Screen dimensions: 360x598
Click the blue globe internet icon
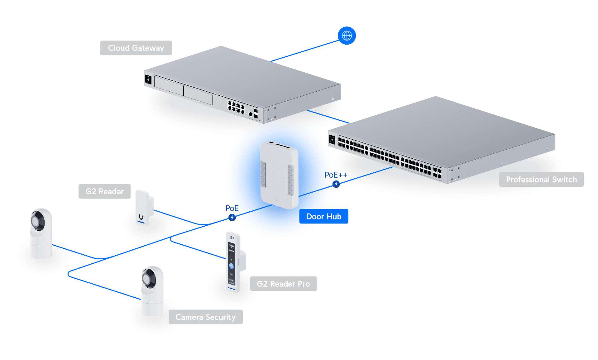click(x=347, y=36)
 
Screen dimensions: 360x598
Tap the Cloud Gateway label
click(x=136, y=48)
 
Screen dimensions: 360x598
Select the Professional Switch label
click(x=541, y=180)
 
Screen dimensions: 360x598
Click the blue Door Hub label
click(x=323, y=216)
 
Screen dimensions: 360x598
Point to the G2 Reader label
click(x=104, y=191)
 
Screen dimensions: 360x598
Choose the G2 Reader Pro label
click(x=283, y=284)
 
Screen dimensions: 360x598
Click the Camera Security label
click(x=205, y=317)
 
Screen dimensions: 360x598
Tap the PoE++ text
click(x=336, y=175)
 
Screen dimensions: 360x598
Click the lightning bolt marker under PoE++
click(x=336, y=184)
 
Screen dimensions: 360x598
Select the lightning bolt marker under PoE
click(x=232, y=217)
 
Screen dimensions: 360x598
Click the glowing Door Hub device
click(x=279, y=175)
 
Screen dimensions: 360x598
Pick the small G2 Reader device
click(x=143, y=207)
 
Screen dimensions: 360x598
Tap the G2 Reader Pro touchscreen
click(x=231, y=262)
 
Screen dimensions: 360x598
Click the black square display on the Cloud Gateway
click(x=148, y=79)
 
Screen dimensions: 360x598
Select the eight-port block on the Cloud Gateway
click(x=236, y=107)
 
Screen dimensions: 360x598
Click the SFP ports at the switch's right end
click(x=437, y=173)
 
